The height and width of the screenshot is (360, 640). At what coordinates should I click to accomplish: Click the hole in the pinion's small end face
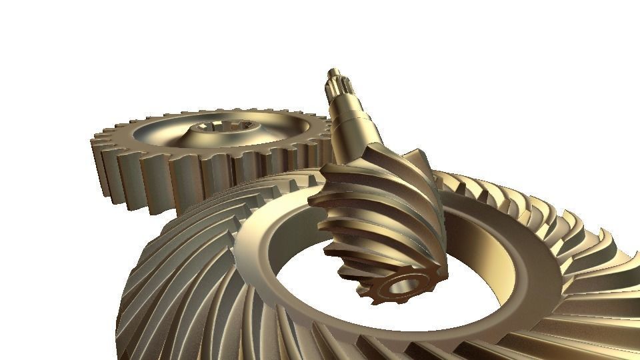pos(402,285)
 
